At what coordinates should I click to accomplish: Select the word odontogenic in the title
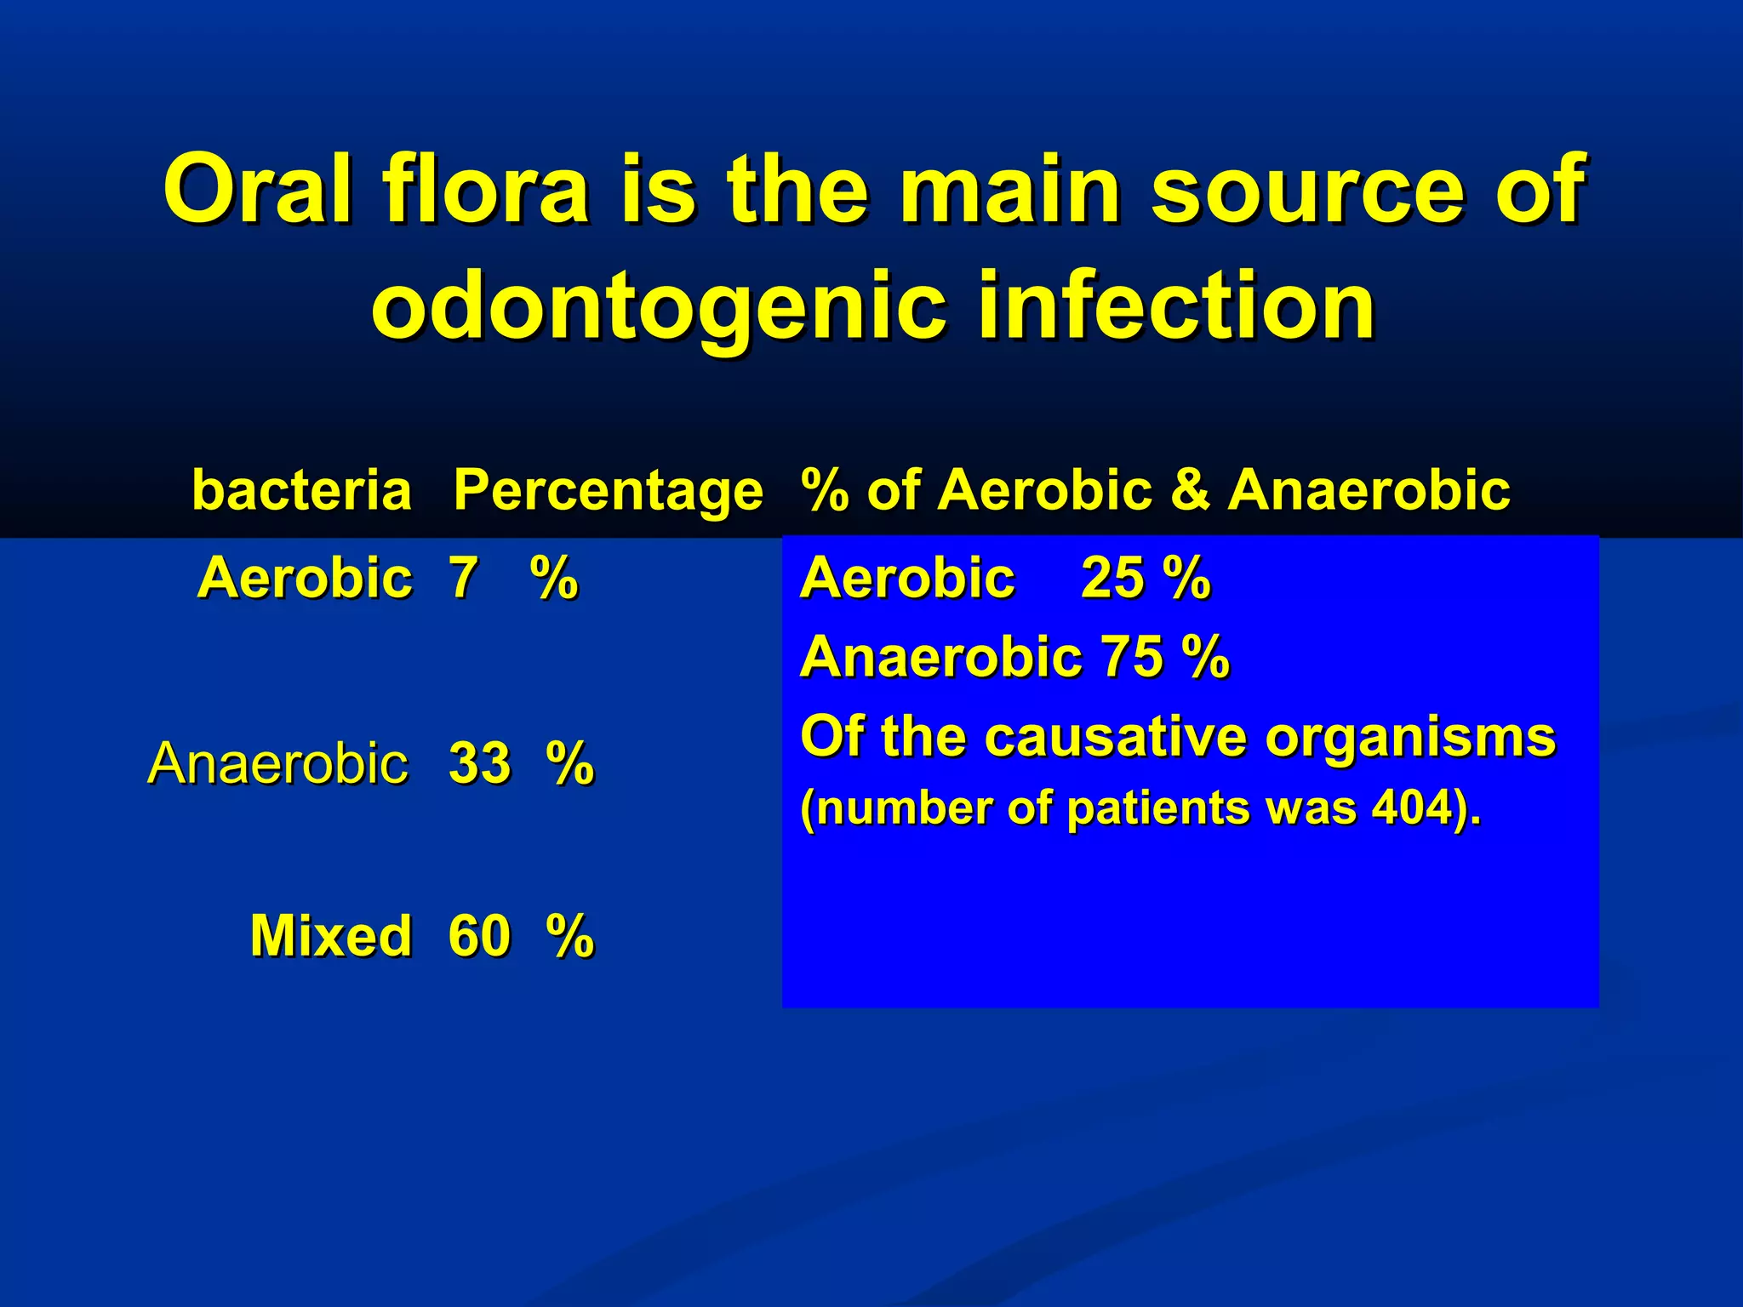(658, 306)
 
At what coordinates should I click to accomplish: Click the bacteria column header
(301, 491)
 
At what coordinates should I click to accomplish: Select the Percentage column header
(608, 491)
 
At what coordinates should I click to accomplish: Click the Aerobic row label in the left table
(304, 579)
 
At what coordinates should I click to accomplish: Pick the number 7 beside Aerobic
(463, 579)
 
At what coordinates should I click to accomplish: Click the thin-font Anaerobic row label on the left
(277, 763)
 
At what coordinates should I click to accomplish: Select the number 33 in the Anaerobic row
(479, 763)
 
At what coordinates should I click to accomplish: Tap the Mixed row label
(330, 936)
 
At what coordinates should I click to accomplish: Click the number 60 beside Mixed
(479, 936)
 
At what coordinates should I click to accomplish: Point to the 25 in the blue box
(1112, 579)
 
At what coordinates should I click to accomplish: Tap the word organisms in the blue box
(1410, 737)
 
